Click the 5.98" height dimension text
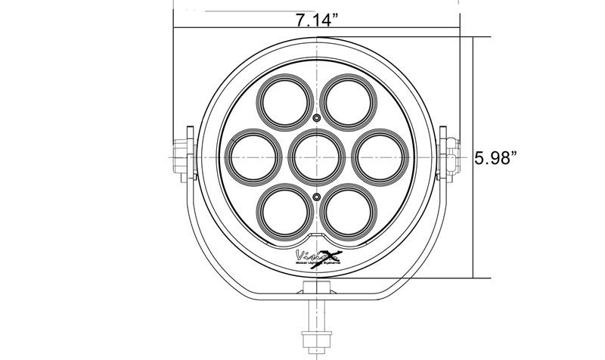click(495, 158)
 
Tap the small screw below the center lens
click(317, 195)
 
